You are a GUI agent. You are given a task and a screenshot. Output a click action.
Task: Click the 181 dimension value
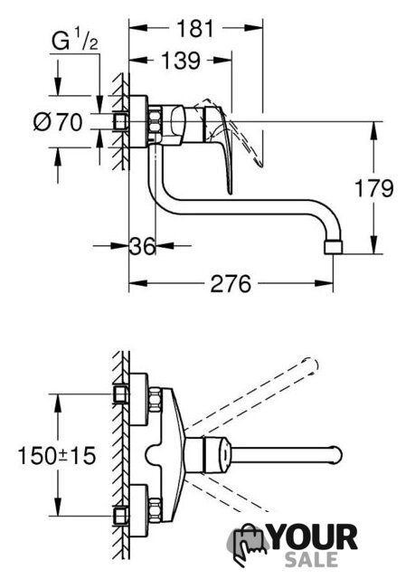tap(195, 28)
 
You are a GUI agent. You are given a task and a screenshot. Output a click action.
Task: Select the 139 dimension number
tap(181, 61)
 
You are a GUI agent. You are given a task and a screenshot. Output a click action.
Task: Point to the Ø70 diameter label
tap(58, 122)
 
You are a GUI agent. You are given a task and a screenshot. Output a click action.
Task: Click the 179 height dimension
tap(373, 188)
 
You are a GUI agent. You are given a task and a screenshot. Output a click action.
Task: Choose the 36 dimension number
tap(142, 246)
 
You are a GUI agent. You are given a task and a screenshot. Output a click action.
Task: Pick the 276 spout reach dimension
tap(231, 284)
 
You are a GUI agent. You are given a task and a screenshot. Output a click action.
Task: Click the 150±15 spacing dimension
tap(57, 455)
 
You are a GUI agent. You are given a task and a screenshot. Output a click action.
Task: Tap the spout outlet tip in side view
tap(333, 247)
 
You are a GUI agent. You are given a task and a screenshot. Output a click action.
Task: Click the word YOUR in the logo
tap(314, 537)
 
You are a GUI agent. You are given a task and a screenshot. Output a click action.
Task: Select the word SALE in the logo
tap(311, 559)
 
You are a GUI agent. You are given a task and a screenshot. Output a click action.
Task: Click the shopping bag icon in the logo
tap(247, 543)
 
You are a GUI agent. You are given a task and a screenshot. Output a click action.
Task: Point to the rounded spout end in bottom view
tap(336, 454)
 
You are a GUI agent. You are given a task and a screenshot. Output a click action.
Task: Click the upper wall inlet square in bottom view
tap(120, 394)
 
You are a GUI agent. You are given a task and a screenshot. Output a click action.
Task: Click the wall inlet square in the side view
tap(120, 121)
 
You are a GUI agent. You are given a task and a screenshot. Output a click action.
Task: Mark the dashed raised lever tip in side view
tap(259, 164)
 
